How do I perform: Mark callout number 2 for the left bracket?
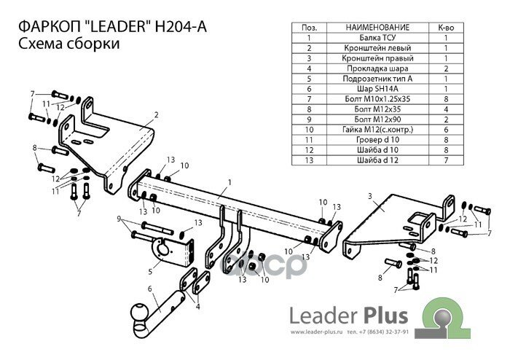pos(156,114)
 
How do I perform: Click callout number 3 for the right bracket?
pos(370,196)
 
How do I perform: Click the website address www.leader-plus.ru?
pos(319,334)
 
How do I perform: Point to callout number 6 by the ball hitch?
pos(151,289)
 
